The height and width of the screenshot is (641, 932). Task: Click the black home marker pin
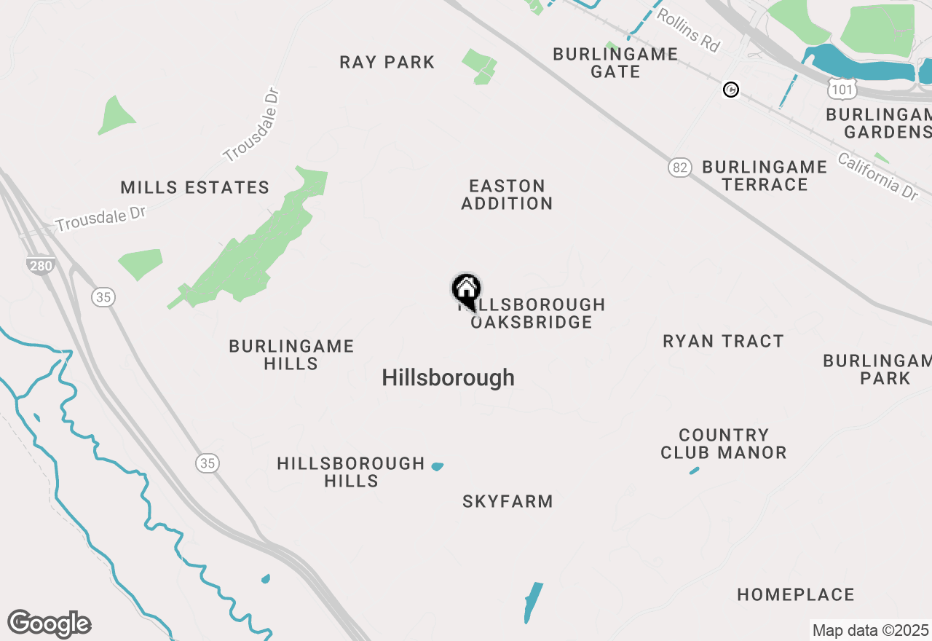click(466, 290)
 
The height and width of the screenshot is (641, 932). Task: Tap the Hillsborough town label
click(448, 377)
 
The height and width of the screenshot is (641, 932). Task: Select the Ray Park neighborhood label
click(387, 63)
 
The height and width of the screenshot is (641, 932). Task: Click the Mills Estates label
click(195, 188)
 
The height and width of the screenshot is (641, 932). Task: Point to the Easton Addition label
click(507, 194)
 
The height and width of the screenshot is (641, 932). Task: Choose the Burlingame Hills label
click(291, 355)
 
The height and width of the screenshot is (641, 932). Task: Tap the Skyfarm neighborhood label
click(508, 501)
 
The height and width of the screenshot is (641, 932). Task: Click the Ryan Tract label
click(723, 341)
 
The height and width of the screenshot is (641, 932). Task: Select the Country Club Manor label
click(724, 444)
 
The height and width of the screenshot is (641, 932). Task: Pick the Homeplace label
click(796, 595)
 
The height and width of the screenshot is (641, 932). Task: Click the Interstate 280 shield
click(41, 266)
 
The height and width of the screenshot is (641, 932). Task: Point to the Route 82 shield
click(679, 168)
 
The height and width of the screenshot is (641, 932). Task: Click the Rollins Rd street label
click(688, 30)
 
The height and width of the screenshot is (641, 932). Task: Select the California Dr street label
click(877, 176)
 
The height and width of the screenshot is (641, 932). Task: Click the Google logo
click(49, 624)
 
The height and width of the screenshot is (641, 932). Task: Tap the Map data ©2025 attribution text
click(870, 630)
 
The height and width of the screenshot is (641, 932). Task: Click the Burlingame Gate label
click(615, 63)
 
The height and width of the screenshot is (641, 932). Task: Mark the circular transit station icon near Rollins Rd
click(731, 90)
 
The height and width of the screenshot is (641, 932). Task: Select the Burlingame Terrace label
click(765, 176)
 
